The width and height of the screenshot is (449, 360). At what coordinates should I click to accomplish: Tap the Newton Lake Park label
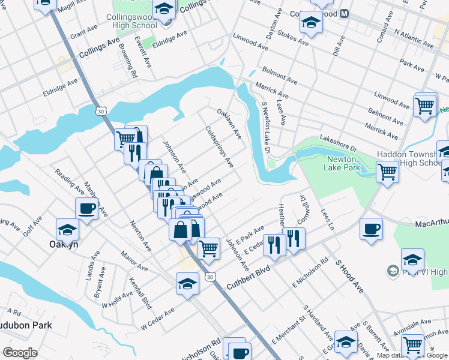(343, 163)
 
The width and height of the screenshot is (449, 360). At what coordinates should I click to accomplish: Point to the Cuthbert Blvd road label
(248, 278)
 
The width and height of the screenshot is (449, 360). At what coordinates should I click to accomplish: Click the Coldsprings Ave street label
(219, 146)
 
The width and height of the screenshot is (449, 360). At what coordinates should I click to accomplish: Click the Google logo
(20, 353)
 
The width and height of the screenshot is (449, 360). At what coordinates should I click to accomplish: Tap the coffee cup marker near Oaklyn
(87, 209)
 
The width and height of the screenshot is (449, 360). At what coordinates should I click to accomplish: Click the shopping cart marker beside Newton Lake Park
(388, 173)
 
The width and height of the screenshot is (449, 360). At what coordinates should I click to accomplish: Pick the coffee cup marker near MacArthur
(371, 229)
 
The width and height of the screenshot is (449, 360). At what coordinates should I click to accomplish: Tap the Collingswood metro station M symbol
(345, 13)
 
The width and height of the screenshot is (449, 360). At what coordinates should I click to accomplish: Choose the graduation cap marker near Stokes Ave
(311, 23)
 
